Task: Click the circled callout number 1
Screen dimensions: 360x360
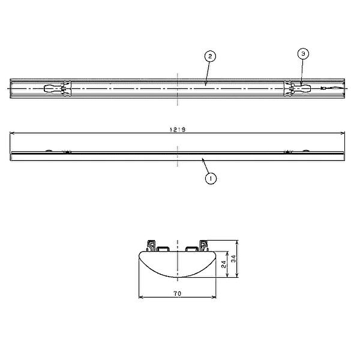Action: [211, 178]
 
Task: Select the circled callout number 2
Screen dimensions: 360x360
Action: [210, 56]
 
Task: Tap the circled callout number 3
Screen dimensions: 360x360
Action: [303, 54]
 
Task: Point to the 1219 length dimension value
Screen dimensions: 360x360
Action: [178, 130]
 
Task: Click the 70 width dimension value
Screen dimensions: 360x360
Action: [178, 293]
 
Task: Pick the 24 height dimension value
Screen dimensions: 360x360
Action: [224, 264]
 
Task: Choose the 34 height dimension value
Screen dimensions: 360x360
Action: [233, 259]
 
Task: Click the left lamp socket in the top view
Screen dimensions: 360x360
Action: [58, 88]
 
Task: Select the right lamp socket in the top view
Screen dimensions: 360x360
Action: [298, 88]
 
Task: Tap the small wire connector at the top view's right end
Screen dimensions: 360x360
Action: [323, 88]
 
